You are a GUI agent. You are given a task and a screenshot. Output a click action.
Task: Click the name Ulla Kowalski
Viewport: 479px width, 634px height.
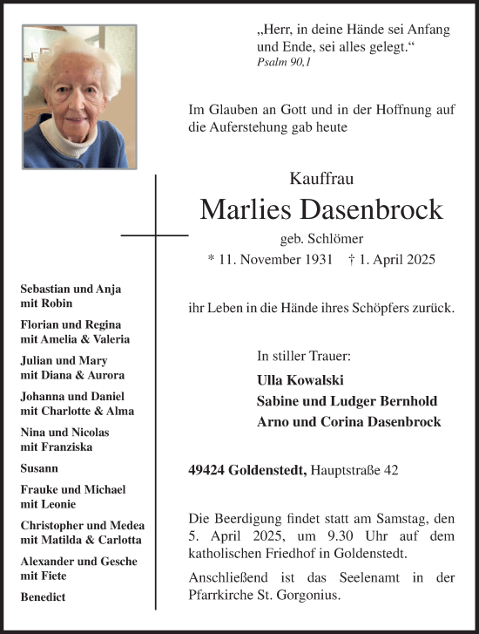point(300,380)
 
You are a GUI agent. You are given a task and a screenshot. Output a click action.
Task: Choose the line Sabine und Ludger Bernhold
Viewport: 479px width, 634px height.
point(347,401)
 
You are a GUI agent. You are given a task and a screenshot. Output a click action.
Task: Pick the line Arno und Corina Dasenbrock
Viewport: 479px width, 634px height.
point(348,422)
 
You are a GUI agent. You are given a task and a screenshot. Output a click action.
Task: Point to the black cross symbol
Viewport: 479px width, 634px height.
point(155,235)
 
